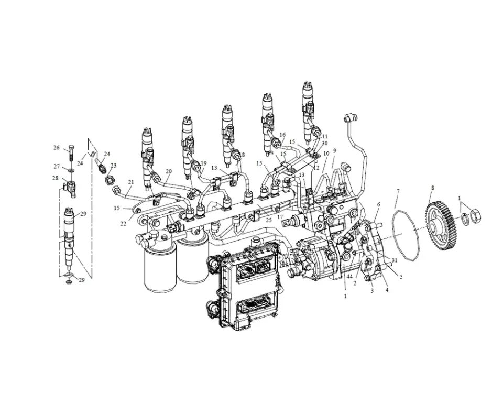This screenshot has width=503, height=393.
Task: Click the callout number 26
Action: click(56, 148)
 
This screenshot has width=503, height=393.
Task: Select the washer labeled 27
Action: click(69, 170)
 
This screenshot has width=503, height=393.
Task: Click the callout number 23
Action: click(113, 166)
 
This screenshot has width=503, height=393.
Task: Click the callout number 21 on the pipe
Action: click(130, 182)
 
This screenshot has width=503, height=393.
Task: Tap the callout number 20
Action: click(168, 171)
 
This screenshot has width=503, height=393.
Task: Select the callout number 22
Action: click(123, 224)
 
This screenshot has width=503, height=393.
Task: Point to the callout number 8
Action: click(433, 187)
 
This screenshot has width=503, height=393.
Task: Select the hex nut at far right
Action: click(476, 214)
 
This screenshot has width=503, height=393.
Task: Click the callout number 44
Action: click(349, 276)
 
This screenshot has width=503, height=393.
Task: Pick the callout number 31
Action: click(394, 260)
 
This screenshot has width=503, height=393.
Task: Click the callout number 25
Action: click(268, 220)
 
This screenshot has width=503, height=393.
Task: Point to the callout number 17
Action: click(280, 216)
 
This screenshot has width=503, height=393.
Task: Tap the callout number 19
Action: click(203, 163)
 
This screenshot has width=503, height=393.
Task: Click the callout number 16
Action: click(282, 135)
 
